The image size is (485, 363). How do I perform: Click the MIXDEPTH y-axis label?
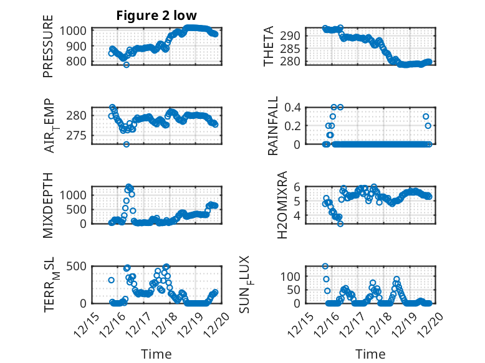coord(48,205)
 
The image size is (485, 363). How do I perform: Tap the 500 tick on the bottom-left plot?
coord(79,266)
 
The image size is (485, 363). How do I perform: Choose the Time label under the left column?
coord(156,354)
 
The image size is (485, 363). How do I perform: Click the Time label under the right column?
coord(370,354)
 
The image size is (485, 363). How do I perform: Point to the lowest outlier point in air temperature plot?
coord(126,144)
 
